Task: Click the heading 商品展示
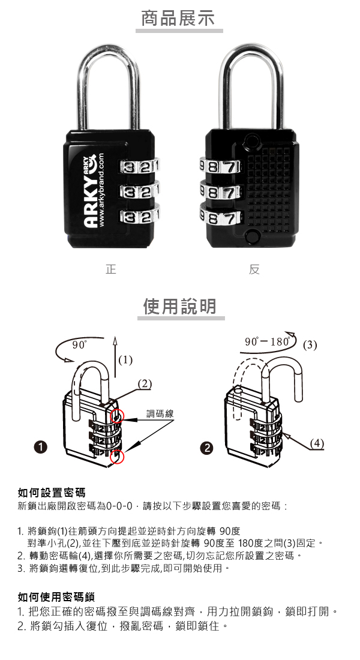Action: click(178, 19)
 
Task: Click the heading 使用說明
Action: click(180, 307)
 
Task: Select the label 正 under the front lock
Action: click(111, 270)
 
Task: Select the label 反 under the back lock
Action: click(254, 270)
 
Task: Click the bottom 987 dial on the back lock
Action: click(219, 218)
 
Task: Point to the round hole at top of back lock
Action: click(251, 142)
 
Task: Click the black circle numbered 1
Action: click(40, 448)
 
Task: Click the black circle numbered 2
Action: click(208, 448)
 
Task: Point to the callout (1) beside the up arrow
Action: click(125, 360)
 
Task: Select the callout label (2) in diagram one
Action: click(145, 383)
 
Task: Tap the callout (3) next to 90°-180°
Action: click(310, 345)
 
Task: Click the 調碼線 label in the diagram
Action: click(160, 413)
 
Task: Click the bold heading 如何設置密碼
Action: click(51, 493)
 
